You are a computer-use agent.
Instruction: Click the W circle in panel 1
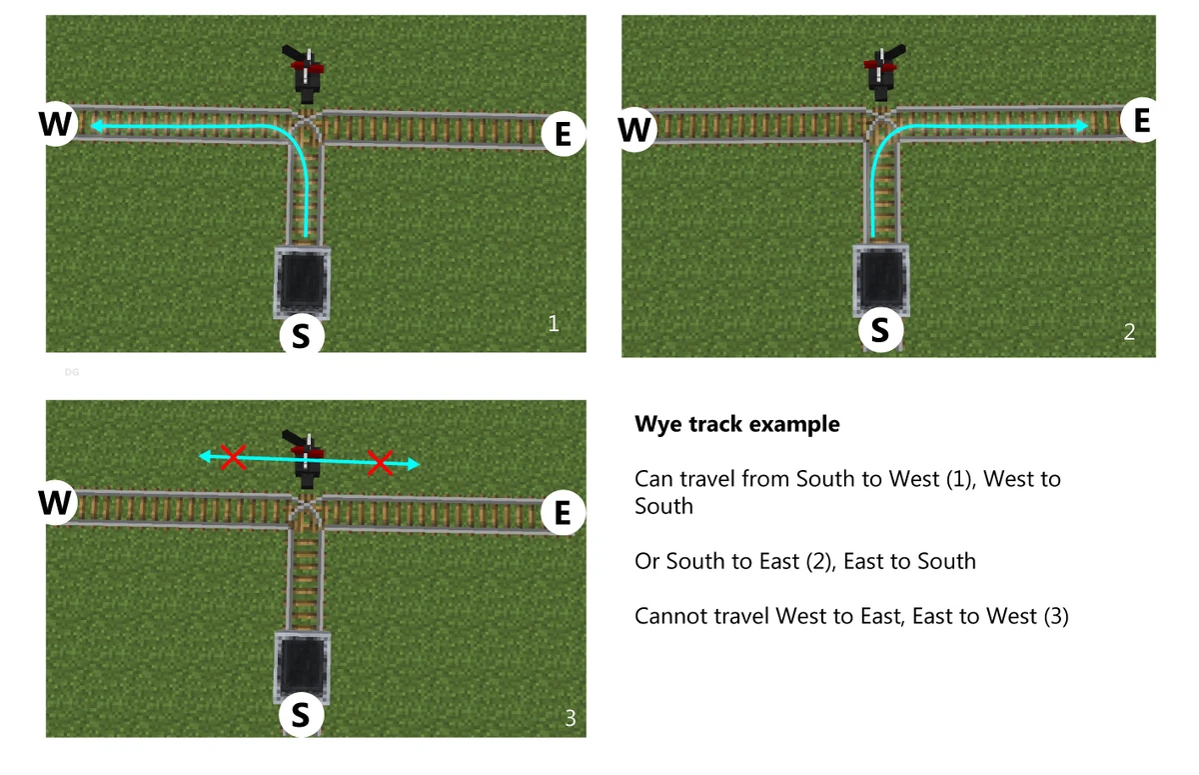(x=56, y=123)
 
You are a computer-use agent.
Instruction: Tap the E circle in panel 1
(x=564, y=133)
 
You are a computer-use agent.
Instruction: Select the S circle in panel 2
(x=881, y=329)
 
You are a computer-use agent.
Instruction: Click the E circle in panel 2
(x=1142, y=120)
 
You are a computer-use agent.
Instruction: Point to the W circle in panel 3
(x=56, y=502)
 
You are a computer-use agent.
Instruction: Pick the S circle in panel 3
(x=302, y=714)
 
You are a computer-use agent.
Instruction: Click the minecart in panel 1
(x=303, y=282)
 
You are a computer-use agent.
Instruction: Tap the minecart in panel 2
(x=881, y=279)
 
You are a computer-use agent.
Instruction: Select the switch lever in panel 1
(x=304, y=74)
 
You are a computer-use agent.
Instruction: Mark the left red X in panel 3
(x=234, y=458)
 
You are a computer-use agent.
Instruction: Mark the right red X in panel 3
(x=380, y=463)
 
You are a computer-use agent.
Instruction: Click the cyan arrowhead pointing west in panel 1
(x=97, y=126)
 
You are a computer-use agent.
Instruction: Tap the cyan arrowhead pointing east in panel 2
(x=1082, y=126)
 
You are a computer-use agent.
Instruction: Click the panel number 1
(x=554, y=323)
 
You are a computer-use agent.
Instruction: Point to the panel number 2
(x=1129, y=332)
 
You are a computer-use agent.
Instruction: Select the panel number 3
(x=571, y=718)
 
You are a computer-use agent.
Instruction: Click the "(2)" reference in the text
(x=823, y=561)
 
